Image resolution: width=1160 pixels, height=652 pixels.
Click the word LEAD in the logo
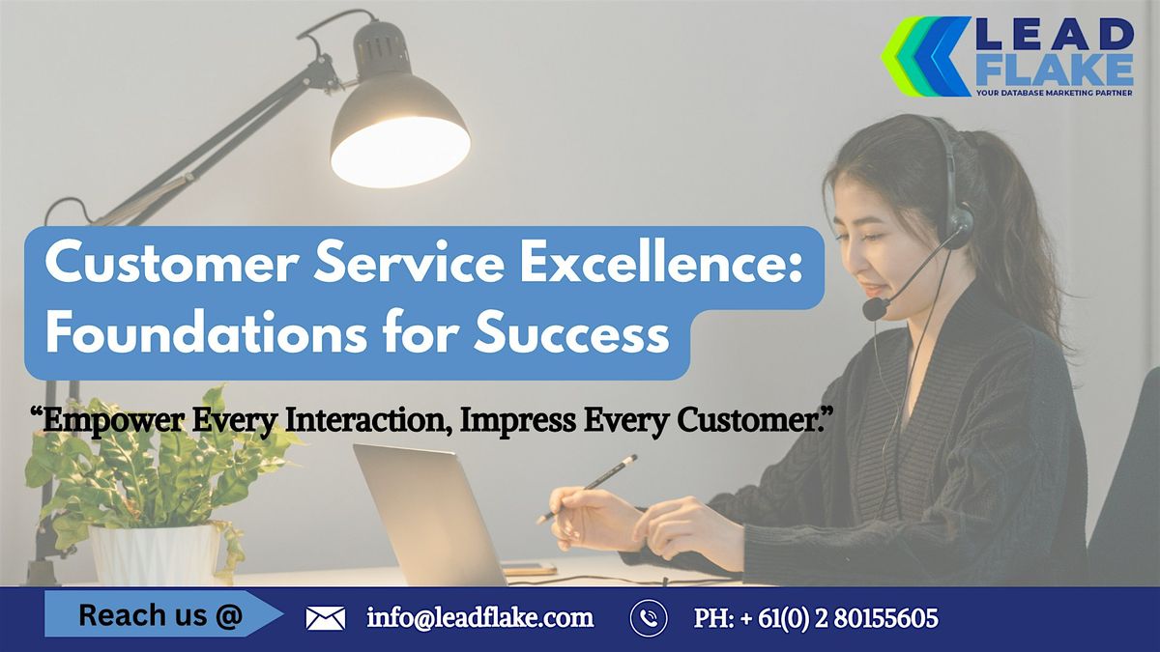click(1053, 37)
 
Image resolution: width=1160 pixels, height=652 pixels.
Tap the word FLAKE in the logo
click(1053, 70)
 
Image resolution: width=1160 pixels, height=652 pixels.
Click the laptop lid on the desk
click(425, 512)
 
